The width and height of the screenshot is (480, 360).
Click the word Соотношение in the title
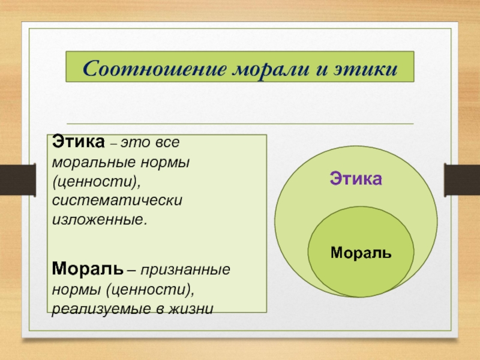tap(155, 69)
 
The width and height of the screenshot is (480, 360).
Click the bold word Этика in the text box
tap(79, 142)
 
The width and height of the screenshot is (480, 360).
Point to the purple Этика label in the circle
tap(356, 178)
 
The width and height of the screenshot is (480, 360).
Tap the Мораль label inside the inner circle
tap(361, 253)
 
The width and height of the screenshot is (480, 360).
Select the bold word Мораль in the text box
tap(88, 268)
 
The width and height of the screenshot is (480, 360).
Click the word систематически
tap(117, 200)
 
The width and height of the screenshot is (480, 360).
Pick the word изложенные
tap(100, 220)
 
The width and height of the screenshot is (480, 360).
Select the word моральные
tap(94, 163)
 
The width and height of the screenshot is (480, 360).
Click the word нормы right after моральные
tap(165, 163)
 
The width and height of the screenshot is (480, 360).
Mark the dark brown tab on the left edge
tap(18, 179)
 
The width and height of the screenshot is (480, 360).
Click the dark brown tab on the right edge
tap(462, 179)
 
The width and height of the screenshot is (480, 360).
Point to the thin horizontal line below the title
tap(240, 124)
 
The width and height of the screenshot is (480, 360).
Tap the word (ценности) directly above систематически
tap(97, 182)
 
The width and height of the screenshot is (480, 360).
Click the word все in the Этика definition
tap(167, 143)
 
